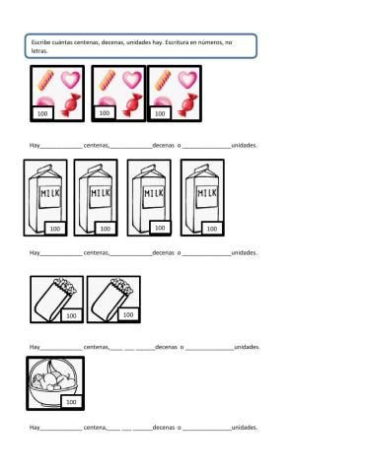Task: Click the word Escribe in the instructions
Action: tap(40, 42)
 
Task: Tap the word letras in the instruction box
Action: tap(39, 51)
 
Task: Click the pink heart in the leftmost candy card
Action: tap(71, 80)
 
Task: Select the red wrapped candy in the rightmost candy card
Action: tap(187, 104)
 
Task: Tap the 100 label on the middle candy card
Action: tap(105, 113)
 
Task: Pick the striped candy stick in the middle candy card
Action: tap(108, 80)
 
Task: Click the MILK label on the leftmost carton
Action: tap(50, 193)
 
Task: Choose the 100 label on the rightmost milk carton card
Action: tap(212, 229)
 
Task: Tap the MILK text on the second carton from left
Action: tap(101, 193)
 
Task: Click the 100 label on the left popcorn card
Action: tap(71, 315)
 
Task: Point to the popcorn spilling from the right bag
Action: tap(122, 286)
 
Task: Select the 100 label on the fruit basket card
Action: tap(71, 402)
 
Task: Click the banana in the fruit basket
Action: tap(52, 367)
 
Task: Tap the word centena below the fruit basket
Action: tap(95, 428)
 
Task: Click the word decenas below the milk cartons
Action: tap(164, 252)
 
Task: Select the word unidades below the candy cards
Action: tap(244, 145)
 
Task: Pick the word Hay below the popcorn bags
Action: tap(35, 347)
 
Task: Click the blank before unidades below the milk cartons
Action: tap(207, 255)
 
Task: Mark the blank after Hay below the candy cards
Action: tap(61, 148)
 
